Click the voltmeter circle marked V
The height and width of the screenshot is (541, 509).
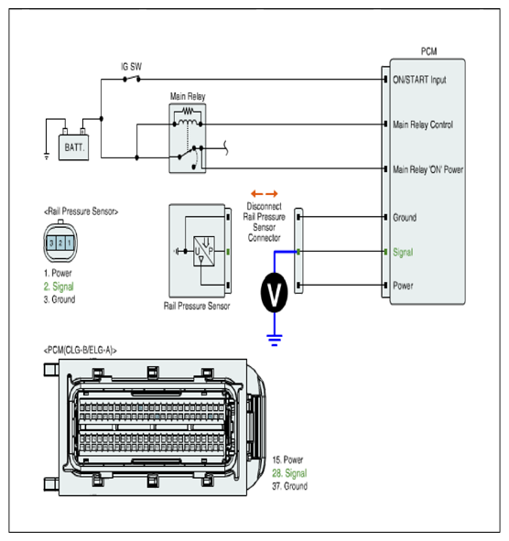pos(275,293)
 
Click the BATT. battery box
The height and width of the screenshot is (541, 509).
pos(74,147)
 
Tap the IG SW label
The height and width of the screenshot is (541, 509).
pos(132,67)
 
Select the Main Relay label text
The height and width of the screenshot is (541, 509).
pos(188,96)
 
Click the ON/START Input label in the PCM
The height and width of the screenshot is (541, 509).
pos(419,80)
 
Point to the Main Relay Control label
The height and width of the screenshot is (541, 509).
pos(423,124)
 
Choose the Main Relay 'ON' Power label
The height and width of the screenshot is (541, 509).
pos(428,169)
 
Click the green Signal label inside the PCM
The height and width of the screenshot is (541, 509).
pos(403,253)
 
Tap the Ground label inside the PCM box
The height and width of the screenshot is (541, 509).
pos(405,218)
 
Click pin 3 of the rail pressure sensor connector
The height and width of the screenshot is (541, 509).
pos(51,243)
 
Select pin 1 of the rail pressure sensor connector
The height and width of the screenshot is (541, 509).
pos(70,243)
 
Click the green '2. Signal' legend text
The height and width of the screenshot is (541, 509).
pos(59,287)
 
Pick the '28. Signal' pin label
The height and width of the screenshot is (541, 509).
pos(289,473)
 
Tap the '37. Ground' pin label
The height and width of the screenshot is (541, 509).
pos(290,486)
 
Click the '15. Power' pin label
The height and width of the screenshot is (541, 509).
pos(287,460)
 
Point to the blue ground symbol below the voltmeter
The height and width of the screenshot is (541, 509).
pos(275,341)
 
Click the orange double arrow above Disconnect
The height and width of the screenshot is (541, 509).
pos(265,193)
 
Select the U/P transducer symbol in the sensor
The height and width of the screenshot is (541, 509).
pos(204,251)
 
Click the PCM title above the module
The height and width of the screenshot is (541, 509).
pos(429,51)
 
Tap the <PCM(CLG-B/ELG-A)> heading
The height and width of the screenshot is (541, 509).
pos(80,351)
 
